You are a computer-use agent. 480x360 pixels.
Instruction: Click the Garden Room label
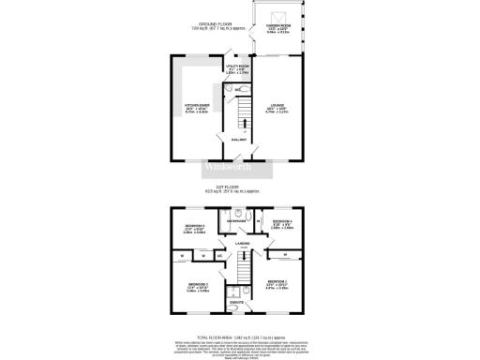coord(277,26)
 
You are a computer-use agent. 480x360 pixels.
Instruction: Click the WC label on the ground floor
coord(238,89)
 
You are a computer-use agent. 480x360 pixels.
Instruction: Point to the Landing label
coord(243,244)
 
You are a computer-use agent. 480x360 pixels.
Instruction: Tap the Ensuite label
coord(237,303)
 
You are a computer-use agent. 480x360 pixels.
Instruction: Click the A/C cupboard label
coord(219,254)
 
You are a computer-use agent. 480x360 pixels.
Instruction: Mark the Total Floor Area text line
coord(240,336)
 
